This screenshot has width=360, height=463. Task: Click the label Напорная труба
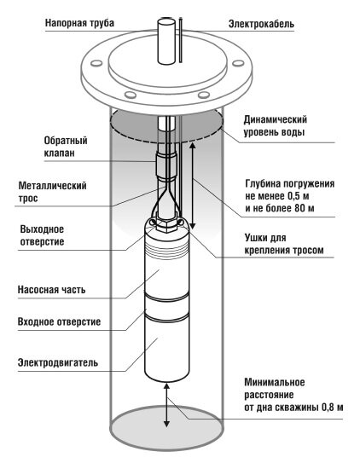click(x=79, y=23)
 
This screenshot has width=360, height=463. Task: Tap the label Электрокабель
click(x=261, y=24)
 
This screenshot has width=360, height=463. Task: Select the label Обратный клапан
click(x=66, y=147)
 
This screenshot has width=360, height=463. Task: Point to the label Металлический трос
click(x=52, y=192)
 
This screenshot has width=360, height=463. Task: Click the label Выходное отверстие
click(x=42, y=235)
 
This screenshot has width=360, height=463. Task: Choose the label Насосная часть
click(x=52, y=290)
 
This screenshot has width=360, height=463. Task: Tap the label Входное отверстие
click(x=59, y=321)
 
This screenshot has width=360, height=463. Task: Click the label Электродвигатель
click(x=58, y=362)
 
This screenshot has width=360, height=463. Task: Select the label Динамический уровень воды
click(x=275, y=126)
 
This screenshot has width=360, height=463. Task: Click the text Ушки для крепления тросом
click(x=284, y=244)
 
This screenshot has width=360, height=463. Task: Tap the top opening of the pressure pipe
click(x=166, y=22)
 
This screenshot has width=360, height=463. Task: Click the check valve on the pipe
click(x=166, y=166)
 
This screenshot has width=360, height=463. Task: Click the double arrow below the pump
click(x=167, y=405)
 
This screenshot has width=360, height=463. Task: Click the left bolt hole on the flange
click(x=96, y=63)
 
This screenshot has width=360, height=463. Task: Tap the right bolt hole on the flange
click(x=238, y=63)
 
